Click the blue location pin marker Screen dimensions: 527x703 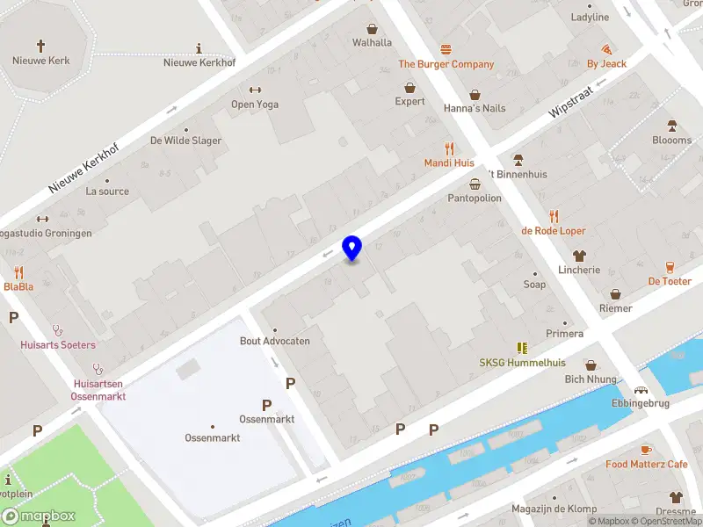[351, 248]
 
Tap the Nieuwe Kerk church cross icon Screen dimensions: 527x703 [40, 45]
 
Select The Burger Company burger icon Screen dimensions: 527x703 [446, 49]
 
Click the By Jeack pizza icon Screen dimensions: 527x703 [606, 49]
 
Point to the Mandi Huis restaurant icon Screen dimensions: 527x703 [450, 148]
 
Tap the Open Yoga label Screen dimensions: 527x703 [255, 105]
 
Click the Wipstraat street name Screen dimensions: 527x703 [572, 102]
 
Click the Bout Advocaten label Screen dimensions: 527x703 [275, 341]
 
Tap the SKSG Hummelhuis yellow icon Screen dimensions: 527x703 [522, 348]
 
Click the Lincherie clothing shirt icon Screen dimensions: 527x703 [579, 256]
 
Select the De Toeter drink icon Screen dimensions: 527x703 [670, 266]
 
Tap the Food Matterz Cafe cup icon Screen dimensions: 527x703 [646, 449]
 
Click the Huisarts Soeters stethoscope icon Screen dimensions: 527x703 [59, 330]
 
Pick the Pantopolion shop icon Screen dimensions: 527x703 [475, 184]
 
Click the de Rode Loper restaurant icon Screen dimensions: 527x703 [554, 216]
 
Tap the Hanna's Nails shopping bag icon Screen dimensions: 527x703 [475, 94]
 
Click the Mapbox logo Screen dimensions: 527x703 [38, 516]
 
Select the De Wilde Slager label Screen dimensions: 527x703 [185, 141]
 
